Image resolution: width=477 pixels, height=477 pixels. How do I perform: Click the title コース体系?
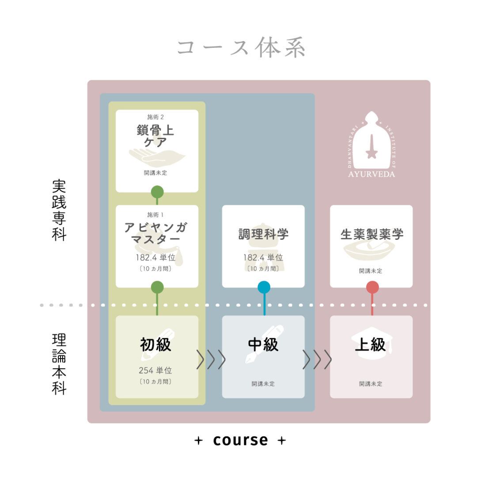point(241,48)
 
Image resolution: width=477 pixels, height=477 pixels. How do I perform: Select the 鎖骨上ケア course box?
point(157,151)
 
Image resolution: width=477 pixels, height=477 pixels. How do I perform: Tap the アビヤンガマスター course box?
point(157,246)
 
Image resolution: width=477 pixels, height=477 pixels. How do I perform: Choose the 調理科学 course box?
point(263,246)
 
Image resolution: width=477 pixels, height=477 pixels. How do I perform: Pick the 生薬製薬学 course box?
point(371,246)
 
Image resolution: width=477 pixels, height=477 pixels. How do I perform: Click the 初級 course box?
point(157,356)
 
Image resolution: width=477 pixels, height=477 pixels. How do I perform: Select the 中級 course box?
point(263,356)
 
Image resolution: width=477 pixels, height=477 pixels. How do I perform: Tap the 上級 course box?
point(371,356)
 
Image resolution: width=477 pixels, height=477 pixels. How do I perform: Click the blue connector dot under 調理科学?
point(264,288)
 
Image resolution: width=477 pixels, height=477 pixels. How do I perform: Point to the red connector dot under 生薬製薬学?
point(372,288)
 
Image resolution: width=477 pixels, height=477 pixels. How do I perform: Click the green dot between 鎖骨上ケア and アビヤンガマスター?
point(157,192)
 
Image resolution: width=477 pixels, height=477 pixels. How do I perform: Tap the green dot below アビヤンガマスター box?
point(157,288)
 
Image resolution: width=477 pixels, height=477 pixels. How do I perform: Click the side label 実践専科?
point(59,210)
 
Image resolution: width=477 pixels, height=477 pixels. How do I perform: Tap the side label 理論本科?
point(59,364)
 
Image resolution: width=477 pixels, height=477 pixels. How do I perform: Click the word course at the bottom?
point(240,440)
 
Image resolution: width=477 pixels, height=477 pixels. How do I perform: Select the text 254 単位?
point(155,371)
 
